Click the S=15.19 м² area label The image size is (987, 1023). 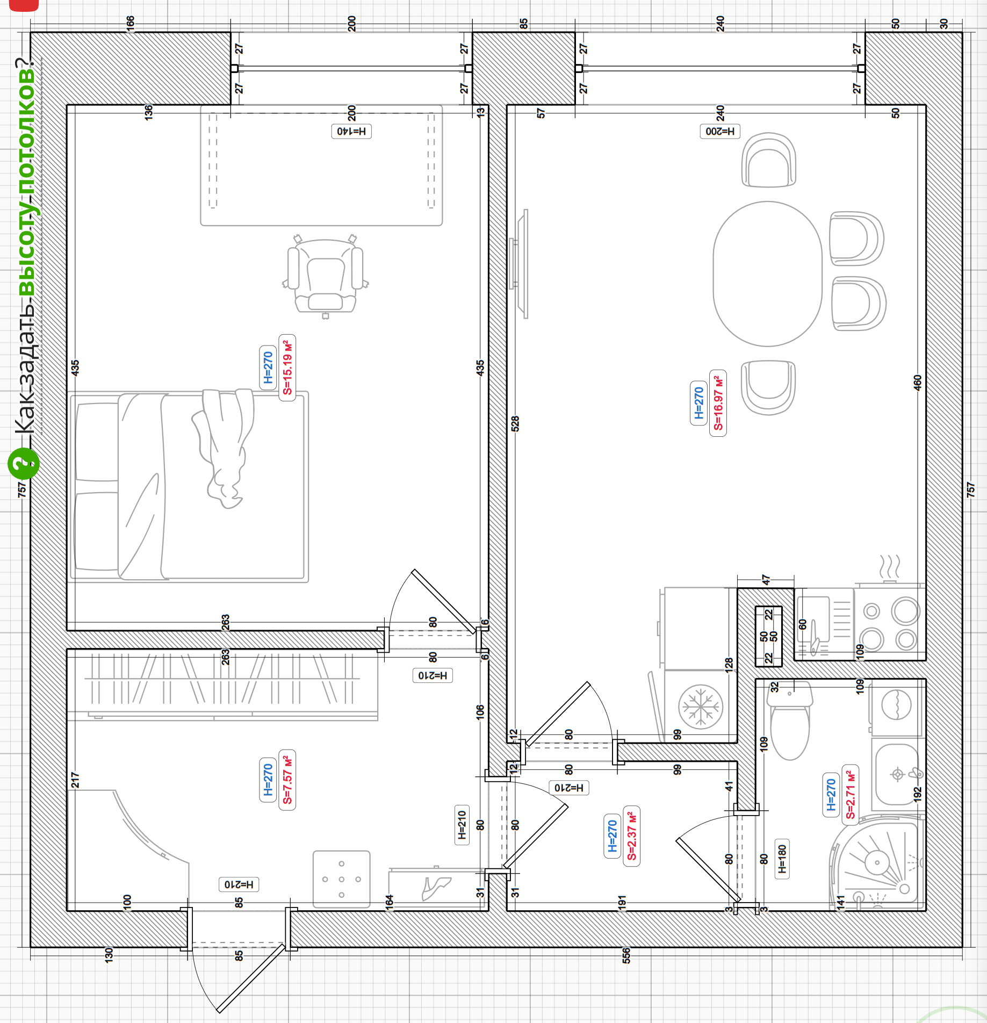click(x=287, y=368)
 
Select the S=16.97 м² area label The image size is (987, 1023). click(x=718, y=403)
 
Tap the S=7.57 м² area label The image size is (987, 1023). click(x=287, y=780)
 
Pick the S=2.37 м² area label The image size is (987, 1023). click(x=631, y=836)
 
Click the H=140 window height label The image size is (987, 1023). click(x=351, y=131)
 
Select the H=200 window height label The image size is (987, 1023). click(x=720, y=131)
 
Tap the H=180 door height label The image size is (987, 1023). click(x=782, y=859)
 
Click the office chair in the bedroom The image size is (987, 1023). click(x=325, y=276)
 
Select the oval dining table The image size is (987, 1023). click(x=767, y=274)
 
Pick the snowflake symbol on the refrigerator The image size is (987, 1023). click(x=701, y=707)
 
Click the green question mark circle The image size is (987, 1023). click(x=24, y=463)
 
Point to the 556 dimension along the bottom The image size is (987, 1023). click(x=626, y=955)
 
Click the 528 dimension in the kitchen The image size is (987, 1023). click(x=515, y=423)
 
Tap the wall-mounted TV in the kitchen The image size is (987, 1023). click(x=519, y=264)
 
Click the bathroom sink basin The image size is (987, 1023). click(x=896, y=774)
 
